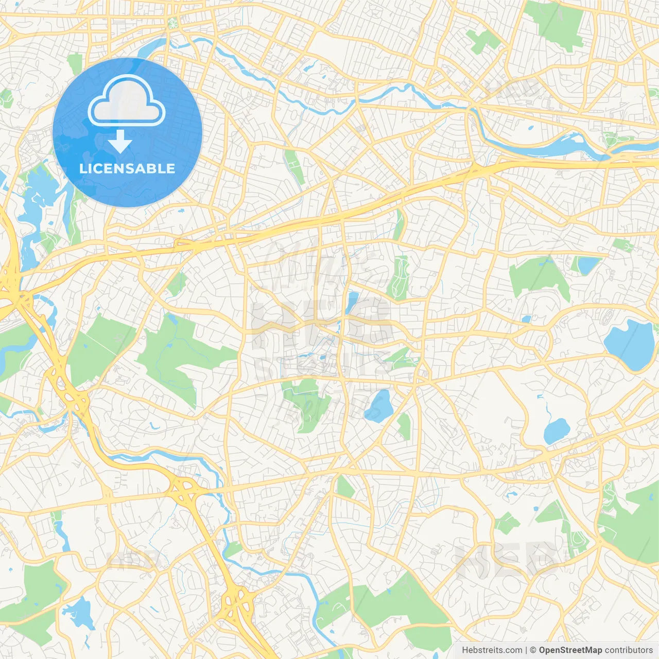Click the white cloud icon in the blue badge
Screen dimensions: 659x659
pos(127,100)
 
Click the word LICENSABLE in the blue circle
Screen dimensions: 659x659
pos(127,168)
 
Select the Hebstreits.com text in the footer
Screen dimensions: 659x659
pos(492,650)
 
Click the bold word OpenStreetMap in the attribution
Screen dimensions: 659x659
pos(570,650)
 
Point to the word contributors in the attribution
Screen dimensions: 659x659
pos(628,650)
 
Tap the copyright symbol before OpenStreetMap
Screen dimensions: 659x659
pos(533,650)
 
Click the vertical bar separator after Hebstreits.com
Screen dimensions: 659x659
pos(526,650)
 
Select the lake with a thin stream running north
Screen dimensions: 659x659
pos(556,430)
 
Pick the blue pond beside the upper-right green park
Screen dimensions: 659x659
pos(588,265)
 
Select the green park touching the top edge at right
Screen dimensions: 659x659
pos(556,23)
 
